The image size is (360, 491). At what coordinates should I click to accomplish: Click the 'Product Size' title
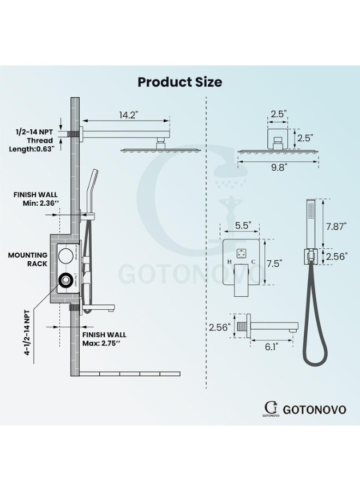click(180, 82)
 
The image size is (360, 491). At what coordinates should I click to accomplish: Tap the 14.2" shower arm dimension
click(128, 115)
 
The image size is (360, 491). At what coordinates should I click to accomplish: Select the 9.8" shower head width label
click(278, 168)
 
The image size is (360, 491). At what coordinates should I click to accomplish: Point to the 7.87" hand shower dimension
click(337, 226)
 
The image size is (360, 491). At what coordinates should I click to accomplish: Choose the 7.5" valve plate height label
click(274, 264)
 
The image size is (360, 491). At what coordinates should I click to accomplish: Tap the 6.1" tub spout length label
click(271, 346)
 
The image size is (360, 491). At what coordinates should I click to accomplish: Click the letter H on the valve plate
click(230, 262)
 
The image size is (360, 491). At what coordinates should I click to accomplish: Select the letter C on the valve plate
click(253, 262)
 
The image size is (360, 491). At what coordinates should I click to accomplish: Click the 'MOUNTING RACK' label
click(28, 259)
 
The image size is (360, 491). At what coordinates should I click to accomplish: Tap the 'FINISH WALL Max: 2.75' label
click(104, 339)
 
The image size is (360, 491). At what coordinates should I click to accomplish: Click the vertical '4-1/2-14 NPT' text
click(27, 333)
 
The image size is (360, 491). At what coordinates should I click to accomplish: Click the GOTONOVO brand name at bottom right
click(315, 410)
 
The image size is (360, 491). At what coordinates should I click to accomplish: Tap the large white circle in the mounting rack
click(66, 256)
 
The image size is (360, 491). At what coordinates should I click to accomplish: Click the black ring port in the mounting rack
click(66, 280)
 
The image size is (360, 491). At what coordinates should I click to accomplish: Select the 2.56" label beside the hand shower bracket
click(337, 257)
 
